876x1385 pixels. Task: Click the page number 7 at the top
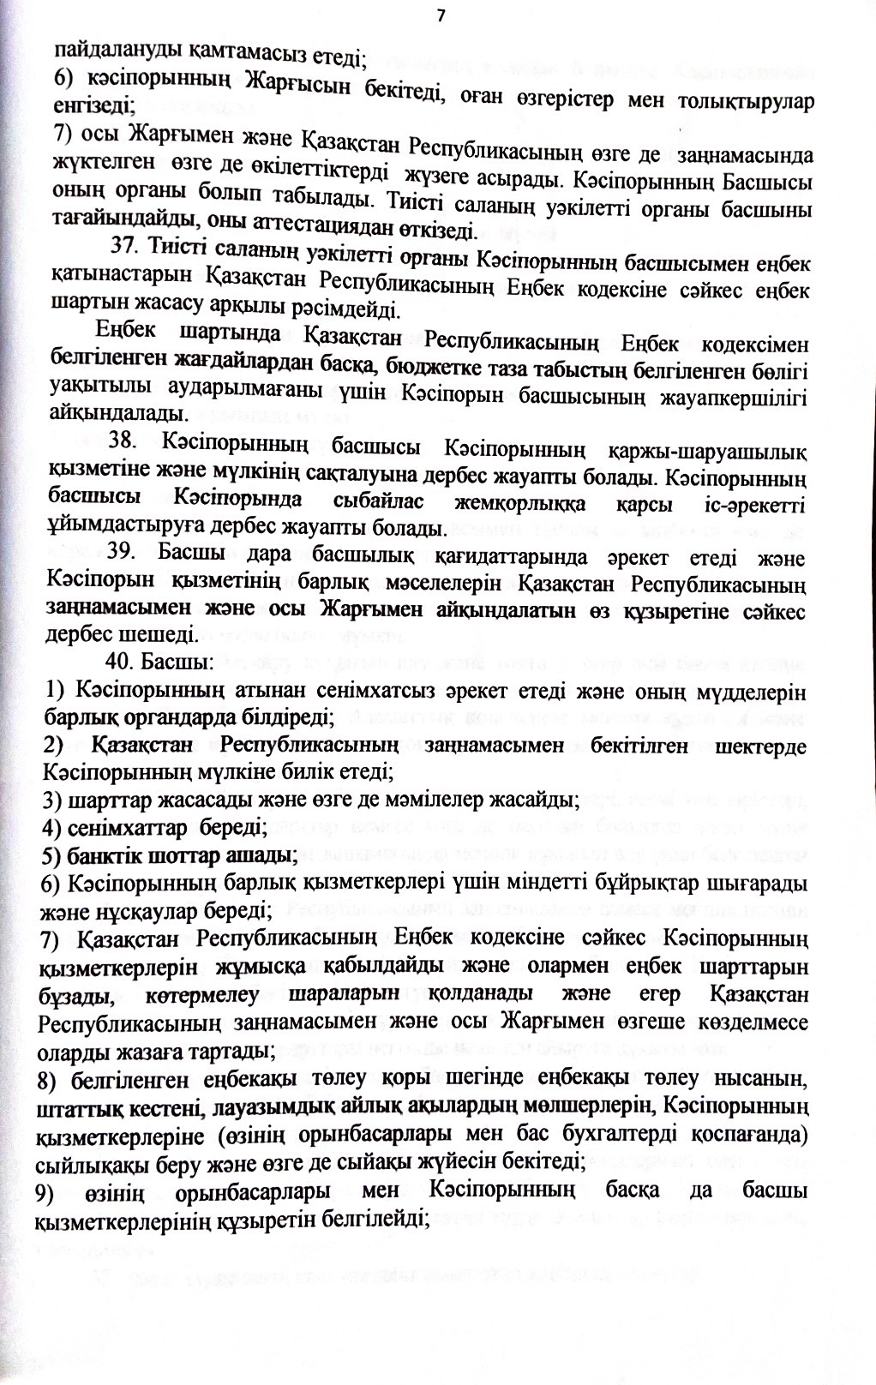tap(441, 15)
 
